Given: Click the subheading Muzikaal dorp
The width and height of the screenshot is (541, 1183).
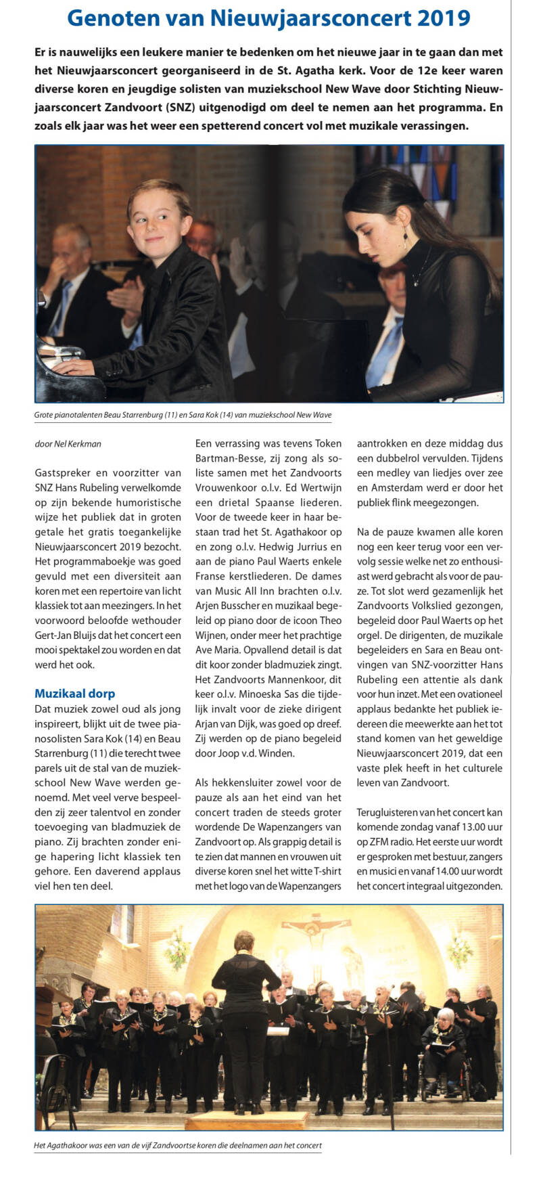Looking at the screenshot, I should (x=74, y=693).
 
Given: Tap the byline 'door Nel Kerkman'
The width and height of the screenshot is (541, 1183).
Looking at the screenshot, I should (x=68, y=444).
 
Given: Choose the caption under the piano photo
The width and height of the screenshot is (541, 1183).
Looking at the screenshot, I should (x=183, y=415).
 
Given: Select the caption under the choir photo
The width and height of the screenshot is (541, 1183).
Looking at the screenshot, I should (x=177, y=1146).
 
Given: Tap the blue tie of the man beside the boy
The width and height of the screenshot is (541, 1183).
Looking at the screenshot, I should (x=62, y=305).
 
